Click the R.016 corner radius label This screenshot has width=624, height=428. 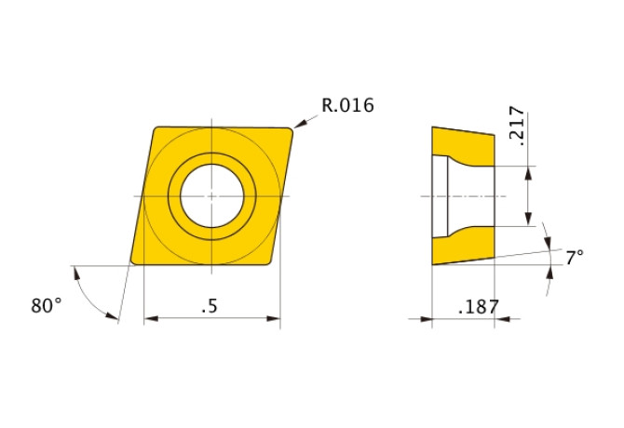[347, 105]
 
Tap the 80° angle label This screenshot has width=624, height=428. [47, 306]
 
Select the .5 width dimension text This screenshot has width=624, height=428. [210, 306]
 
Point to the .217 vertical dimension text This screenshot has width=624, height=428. [517, 126]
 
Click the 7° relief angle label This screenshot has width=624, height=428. [575, 258]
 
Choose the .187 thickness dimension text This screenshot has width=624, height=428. [479, 307]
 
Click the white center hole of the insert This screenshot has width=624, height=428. [211, 196]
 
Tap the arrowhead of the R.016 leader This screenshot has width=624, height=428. [299, 124]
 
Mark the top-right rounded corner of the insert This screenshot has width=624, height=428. [290, 131]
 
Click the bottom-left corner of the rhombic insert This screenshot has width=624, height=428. [133, 261]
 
